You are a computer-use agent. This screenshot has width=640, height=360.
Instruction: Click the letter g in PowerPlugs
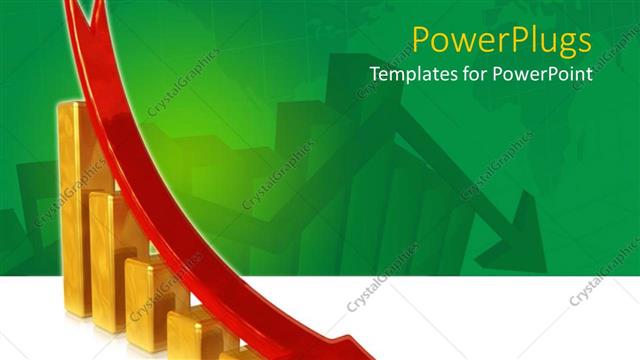(x=556, y=45)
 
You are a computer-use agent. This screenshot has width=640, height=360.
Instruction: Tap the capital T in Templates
(x=376, y=74)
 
